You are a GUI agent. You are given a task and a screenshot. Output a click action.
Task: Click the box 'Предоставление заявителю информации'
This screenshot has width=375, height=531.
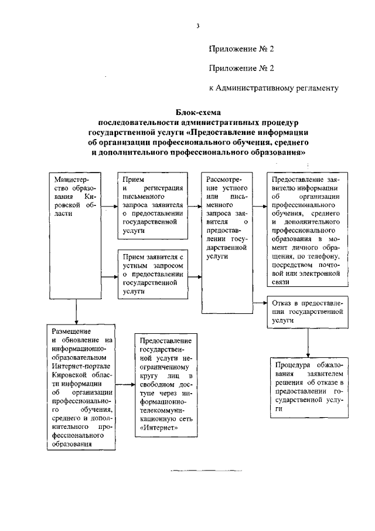coord(308,229)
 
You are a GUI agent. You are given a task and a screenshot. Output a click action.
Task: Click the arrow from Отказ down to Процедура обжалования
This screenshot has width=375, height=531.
coord(308,343)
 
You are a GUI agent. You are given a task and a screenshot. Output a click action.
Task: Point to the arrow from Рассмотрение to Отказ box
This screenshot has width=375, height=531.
coord(260,303)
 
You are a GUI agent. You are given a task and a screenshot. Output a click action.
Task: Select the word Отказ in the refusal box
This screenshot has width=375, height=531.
coord(283,303)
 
